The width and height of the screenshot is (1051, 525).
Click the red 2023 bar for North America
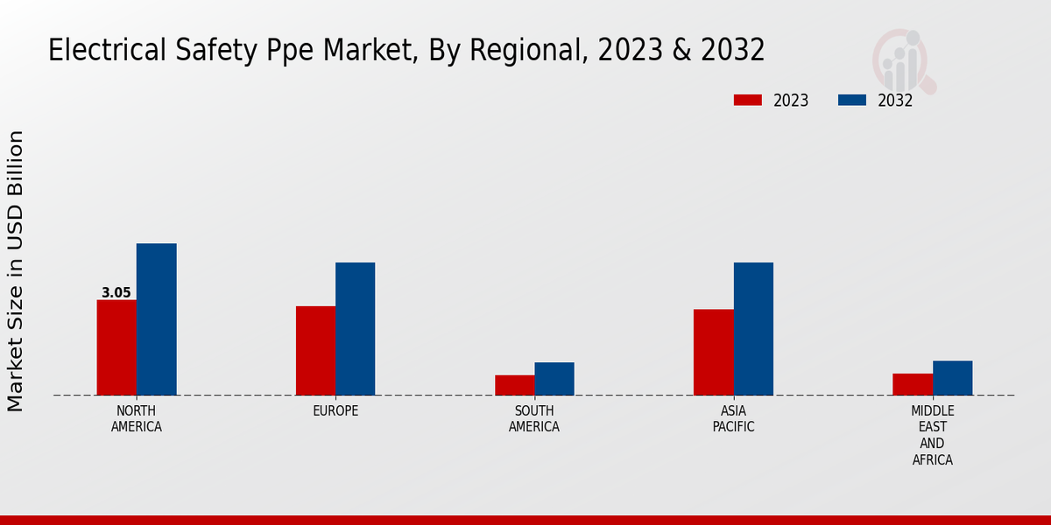(x=116, y=347)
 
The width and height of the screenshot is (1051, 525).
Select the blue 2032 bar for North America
(x=156, y=319)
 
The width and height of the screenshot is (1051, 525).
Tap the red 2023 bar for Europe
(x=315, y=351)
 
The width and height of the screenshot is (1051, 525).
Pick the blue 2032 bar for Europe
(x=355, y=329)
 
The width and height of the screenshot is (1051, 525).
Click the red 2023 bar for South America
(x=514, y=385)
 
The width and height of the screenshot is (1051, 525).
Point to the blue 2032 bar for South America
(x=554, y=379)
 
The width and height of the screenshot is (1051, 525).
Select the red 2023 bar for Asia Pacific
(x=713, y=353)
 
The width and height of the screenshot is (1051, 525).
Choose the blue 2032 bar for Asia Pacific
(x=753, y=329)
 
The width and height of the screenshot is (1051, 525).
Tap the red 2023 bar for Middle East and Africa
(x=913, y=384)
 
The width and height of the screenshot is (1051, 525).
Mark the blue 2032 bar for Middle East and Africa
(x=952, y=378)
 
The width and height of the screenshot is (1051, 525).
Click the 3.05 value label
(x=116, y=293)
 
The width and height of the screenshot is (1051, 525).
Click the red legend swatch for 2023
(x=747, y=100)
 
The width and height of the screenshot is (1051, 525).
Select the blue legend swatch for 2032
(x=851, y=100)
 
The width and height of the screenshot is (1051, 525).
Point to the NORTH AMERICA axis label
(x=136, y=419)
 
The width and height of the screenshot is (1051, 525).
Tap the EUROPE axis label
(x=335, y=411)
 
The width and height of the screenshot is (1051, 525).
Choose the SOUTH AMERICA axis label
(x=534, y=419)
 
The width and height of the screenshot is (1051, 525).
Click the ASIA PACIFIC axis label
(x=733, y=419)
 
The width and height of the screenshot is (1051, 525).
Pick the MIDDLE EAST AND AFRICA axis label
(x=932, y=435)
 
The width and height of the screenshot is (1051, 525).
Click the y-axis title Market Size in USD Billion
(x=16, y=271)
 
